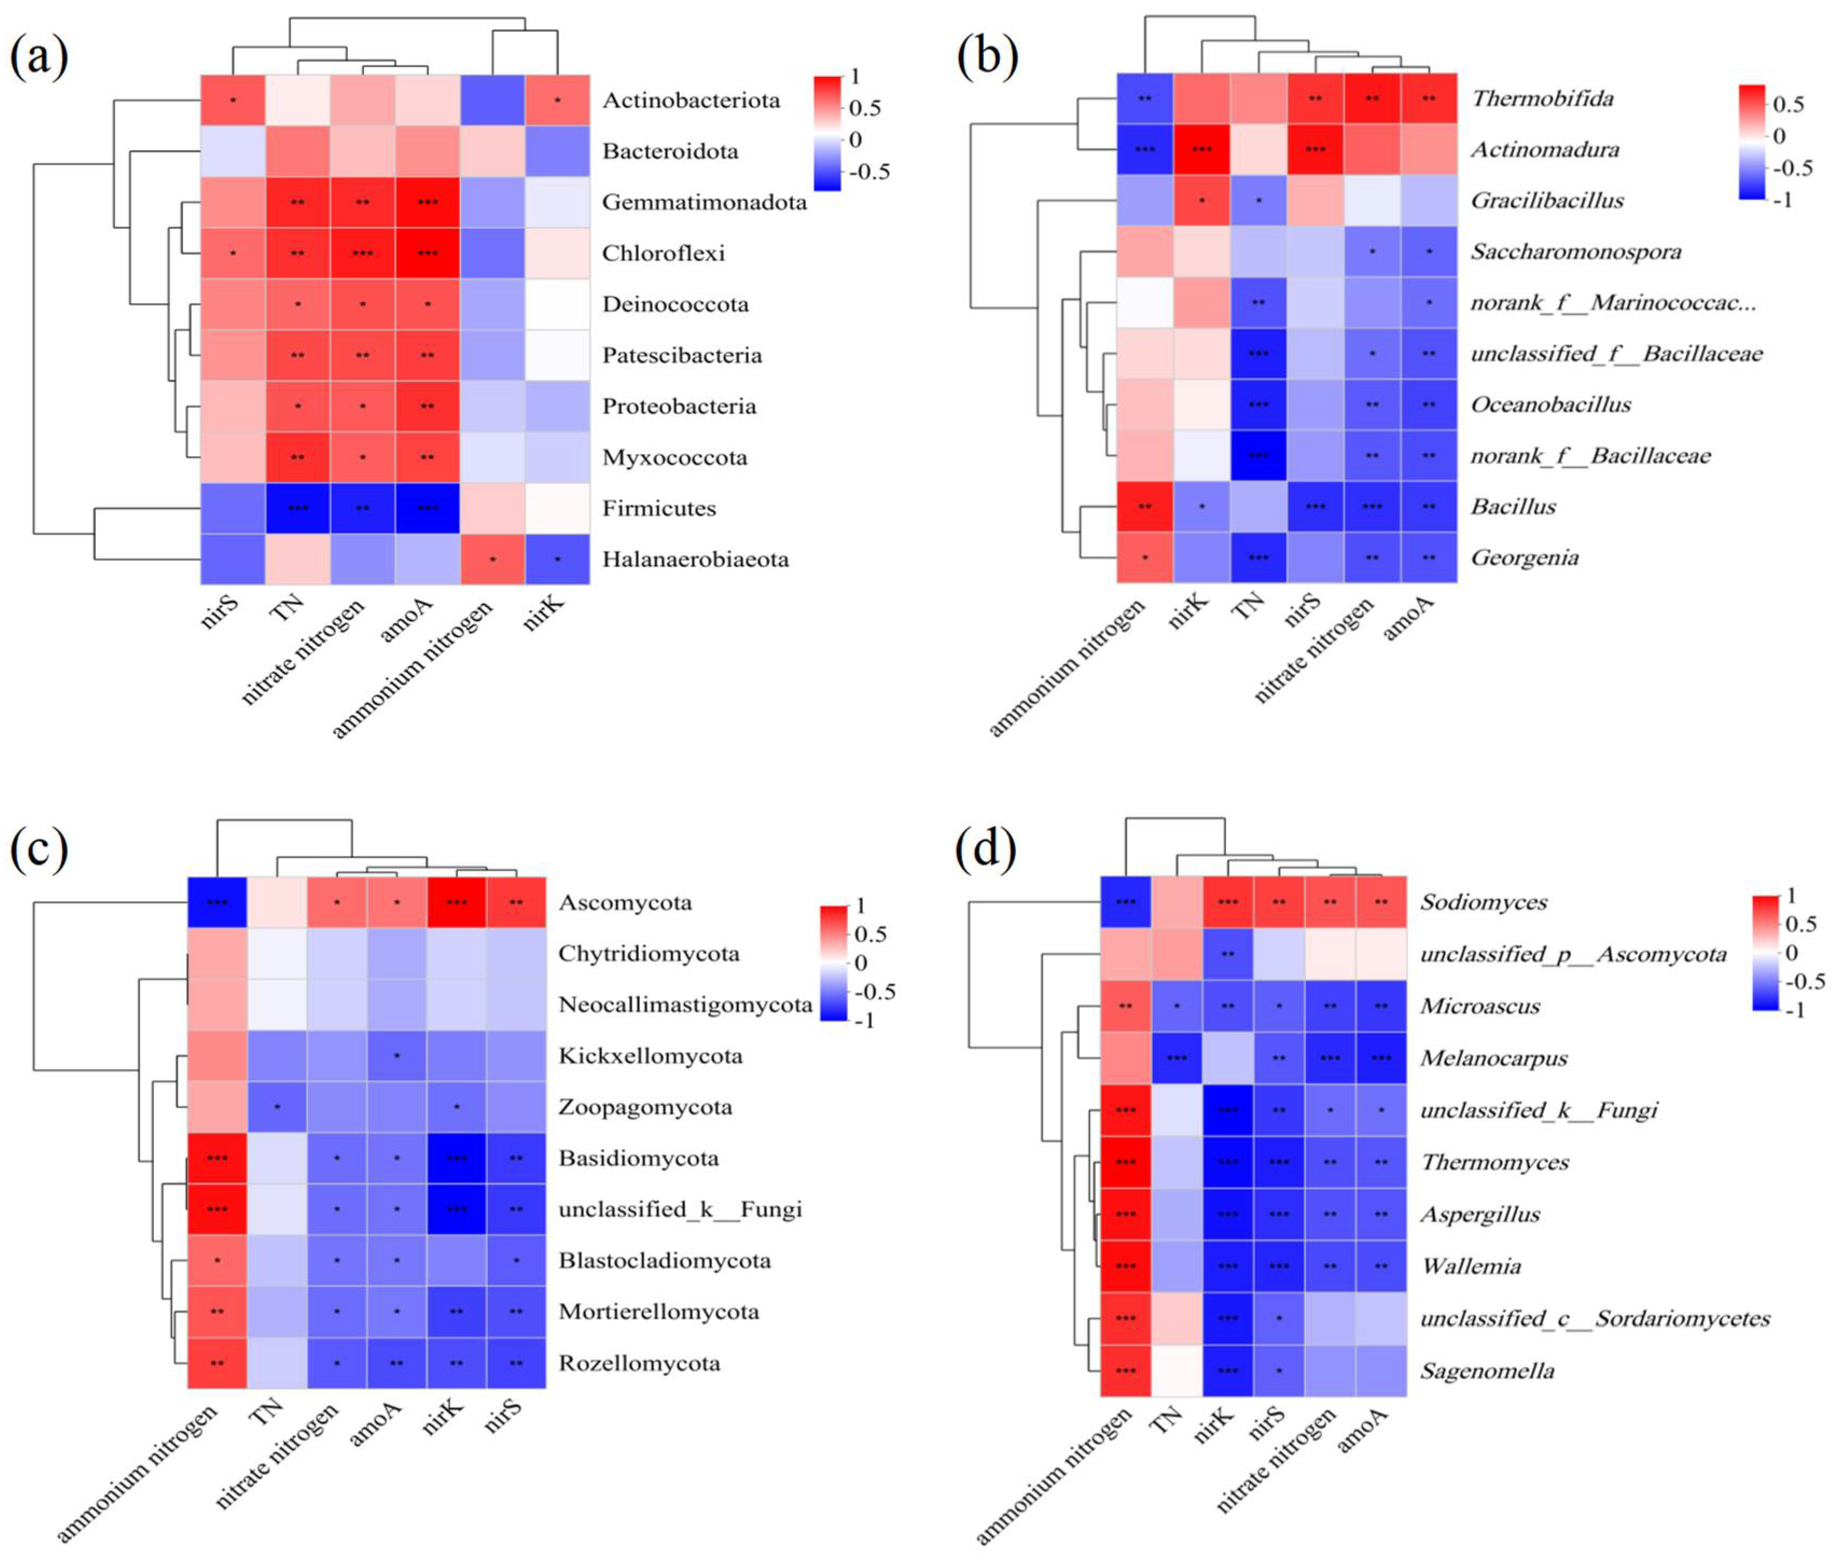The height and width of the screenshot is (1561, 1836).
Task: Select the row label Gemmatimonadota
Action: (x=704, y=203)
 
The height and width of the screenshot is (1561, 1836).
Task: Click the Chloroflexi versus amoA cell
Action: (x=427, y=253)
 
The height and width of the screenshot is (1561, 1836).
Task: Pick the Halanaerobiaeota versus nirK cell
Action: (x=558, y=559)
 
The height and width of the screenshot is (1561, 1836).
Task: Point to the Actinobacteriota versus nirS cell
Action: (x=233, y=100)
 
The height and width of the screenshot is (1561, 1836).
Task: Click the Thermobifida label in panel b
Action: (x=1541, y=98)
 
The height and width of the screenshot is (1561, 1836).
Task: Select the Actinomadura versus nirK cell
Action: (x=1201, y=150)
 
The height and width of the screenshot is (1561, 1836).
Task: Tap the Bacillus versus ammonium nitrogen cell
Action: (x=1145, y=507)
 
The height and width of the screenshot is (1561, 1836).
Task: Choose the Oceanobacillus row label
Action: (x=1550, y=405)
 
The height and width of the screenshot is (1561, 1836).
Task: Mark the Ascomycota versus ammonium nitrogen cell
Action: (x=217, y=903)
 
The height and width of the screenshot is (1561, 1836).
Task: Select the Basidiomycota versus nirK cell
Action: (x=456, y=1158)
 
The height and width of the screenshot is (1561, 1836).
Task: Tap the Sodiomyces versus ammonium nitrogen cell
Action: (x=1125, y=903)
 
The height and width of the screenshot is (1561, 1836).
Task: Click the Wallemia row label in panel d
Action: (x=1471, y=1266)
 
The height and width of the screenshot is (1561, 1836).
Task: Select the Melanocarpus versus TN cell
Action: (x=1177, y=1058)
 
